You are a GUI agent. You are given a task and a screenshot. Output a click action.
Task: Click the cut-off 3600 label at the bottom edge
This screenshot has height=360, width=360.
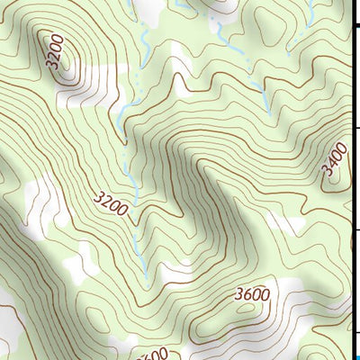(x=152, y=354)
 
